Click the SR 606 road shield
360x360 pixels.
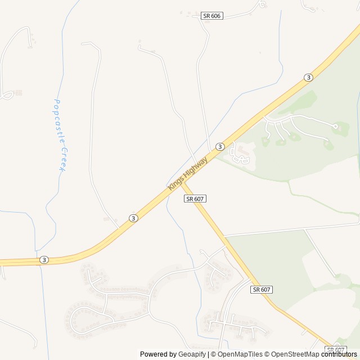(x=212, y=16)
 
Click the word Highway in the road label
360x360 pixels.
(x=196, y=168)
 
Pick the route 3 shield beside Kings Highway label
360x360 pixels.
(x=220, y=147)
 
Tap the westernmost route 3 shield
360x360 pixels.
(x=44, y=260)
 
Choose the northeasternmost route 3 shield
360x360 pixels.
(x=308, y=78)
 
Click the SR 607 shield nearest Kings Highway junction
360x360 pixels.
(x=195, y=199)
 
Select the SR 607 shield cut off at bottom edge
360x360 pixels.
(x=335, y=349)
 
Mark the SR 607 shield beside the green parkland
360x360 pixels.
(x=262, y=289)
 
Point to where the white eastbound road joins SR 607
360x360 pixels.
(x=224, y=236)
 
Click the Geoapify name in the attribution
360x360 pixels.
(x=192, y=354)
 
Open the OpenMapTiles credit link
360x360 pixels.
(x=240, y=354)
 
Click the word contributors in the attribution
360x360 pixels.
(x=340, y=354)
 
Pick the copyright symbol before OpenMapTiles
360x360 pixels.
(x=213, y=354)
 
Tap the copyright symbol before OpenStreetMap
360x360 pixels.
(x=268, y=354)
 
